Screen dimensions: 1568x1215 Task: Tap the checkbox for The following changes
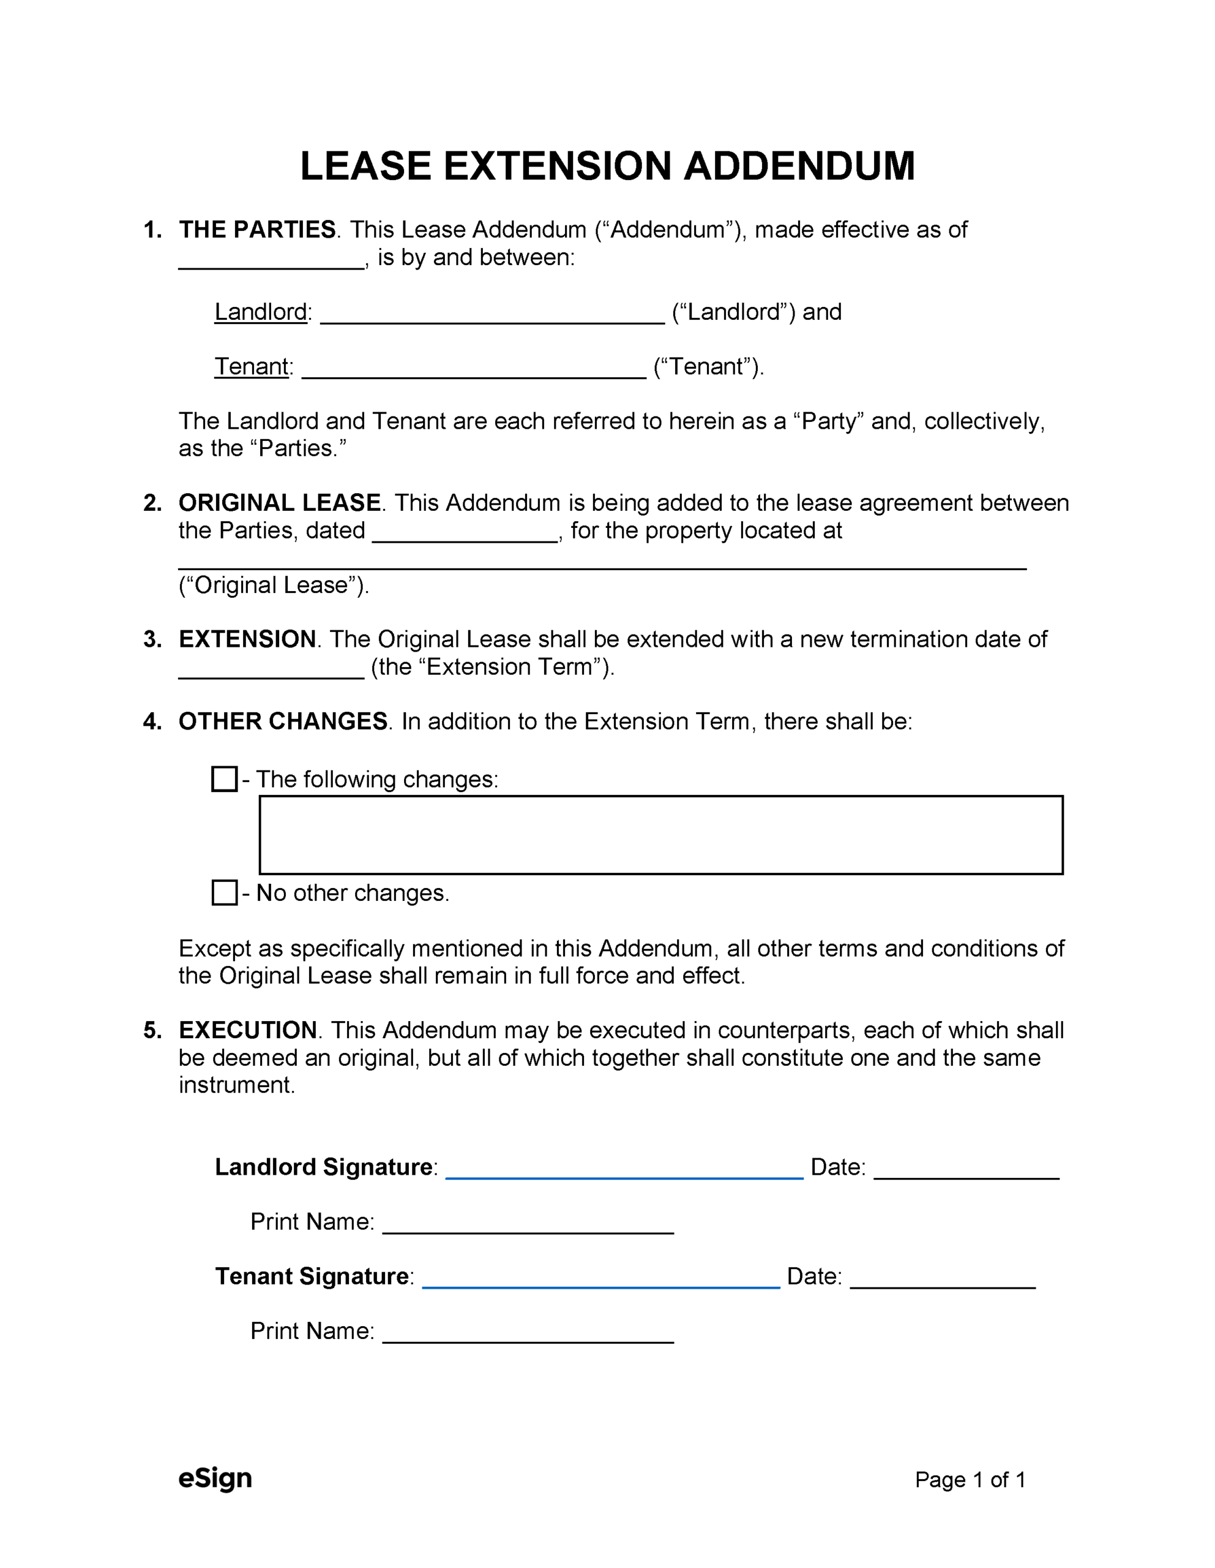(x=225, y=779)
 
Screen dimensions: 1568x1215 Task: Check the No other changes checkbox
(x=225, y=892)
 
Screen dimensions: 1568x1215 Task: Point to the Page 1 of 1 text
(x=970, y=1480)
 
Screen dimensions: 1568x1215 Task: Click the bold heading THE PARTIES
(x=257, y=230)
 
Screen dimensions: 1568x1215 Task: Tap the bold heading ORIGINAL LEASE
(x=280, y=503)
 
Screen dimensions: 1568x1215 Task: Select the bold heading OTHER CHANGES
(x=283, y=721)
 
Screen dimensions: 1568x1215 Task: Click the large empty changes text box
(x=660, y=835)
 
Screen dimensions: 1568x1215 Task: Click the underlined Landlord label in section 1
(x=261, y=312)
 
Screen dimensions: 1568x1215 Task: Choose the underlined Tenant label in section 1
(x=252, y=366)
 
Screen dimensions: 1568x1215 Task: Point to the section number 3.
(x=151, y=639)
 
